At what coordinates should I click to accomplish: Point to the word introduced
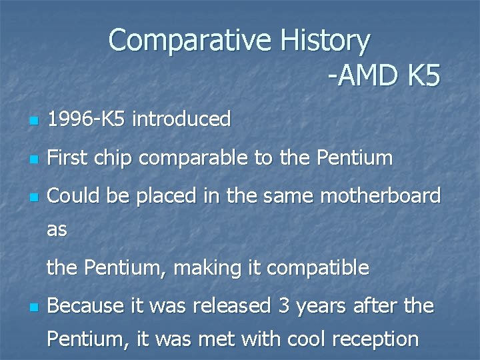(181, 120)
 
